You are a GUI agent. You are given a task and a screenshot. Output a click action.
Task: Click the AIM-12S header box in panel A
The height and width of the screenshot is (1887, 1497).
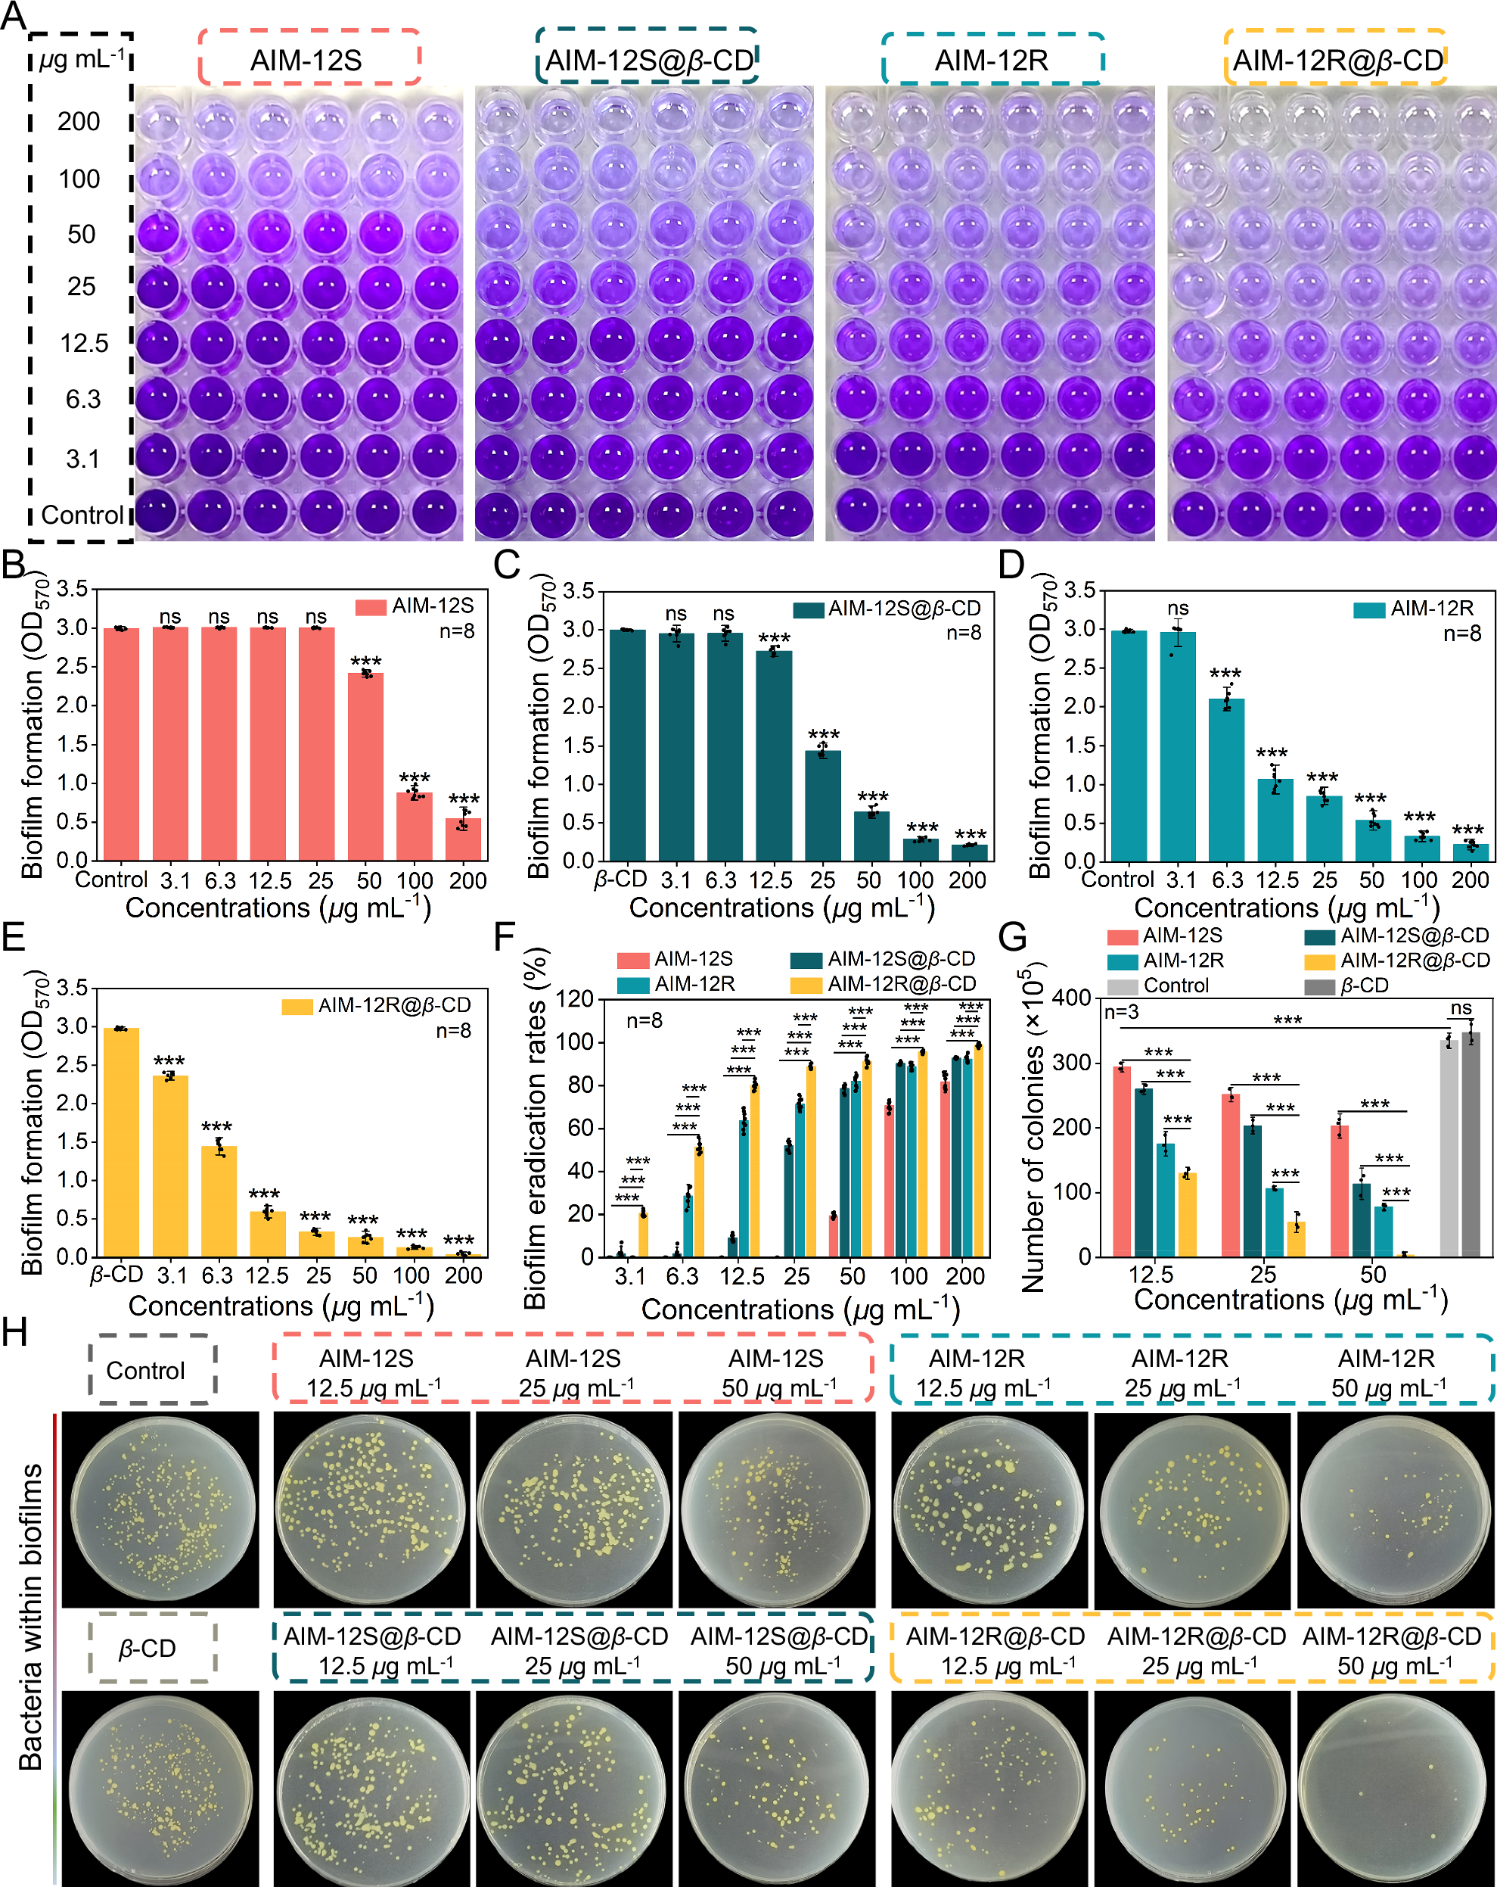[309, 58]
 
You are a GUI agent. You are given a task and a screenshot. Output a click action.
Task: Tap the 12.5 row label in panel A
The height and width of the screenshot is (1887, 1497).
[84, 343]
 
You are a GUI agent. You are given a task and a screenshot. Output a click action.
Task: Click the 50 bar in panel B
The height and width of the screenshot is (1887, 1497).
[365, 766]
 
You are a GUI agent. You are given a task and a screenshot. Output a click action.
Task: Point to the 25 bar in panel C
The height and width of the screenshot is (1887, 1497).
[822, 805]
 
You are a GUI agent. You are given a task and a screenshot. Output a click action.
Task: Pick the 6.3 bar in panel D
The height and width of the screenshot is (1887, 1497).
[1225, 779]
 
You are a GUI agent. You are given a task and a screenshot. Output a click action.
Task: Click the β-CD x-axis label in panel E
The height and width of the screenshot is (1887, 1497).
[116, 1275]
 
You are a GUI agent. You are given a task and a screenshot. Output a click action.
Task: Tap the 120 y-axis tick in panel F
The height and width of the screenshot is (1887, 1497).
[576, 998]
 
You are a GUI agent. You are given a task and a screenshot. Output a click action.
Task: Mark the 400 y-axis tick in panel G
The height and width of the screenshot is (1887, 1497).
[1072, 998]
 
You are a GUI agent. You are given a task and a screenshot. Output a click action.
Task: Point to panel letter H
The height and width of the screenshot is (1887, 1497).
[15, 1333]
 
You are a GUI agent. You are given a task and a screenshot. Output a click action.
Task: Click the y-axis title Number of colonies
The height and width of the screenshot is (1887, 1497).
[1033, 1129]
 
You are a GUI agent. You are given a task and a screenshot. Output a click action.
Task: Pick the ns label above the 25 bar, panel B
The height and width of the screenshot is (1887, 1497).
[316, 617]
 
